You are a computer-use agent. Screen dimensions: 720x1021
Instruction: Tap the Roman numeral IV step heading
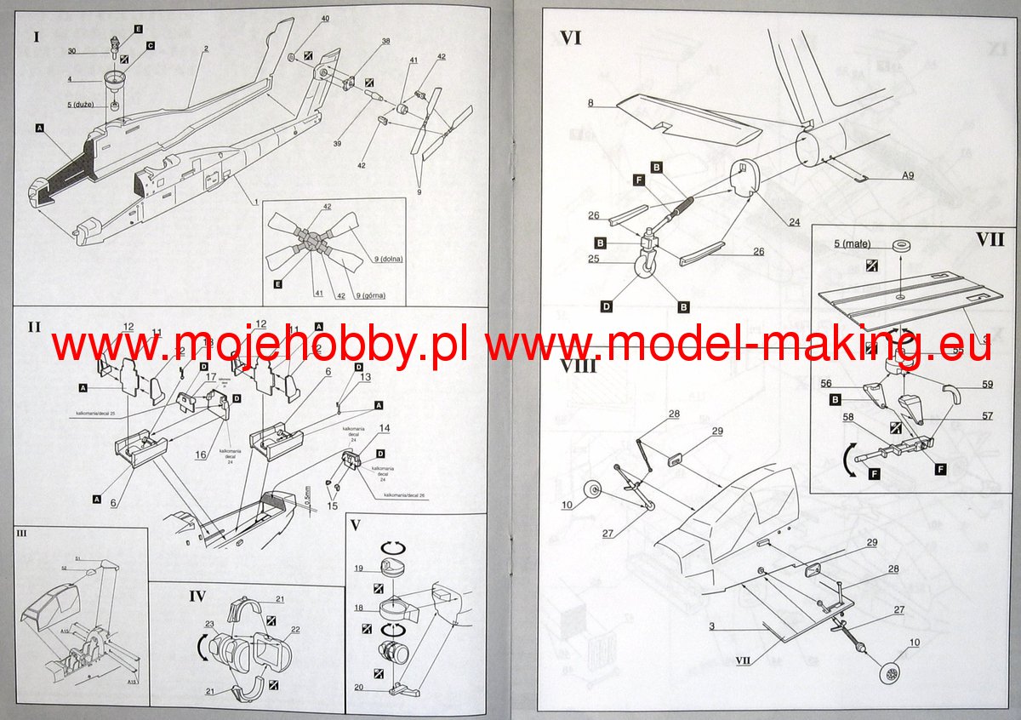(197, 595)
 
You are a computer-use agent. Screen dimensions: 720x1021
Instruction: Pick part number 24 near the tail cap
(794, 223)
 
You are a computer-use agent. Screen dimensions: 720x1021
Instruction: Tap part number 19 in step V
(360, 569)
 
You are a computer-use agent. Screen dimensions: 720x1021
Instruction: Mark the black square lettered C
(149, 45)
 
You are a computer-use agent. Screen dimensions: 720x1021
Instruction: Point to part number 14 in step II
(385, 428)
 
